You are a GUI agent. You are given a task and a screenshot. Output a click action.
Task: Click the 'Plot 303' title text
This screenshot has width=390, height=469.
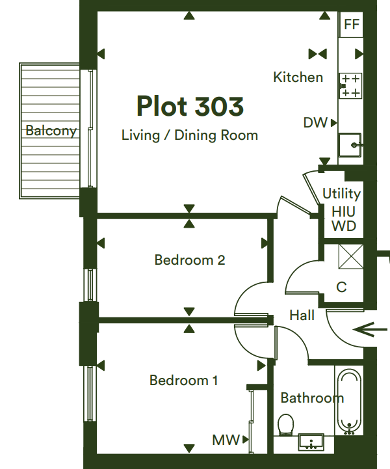pyautogui.click(x=190, y=106)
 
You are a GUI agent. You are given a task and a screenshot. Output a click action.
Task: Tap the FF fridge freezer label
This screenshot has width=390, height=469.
pyautogui.click(x=352, y=24)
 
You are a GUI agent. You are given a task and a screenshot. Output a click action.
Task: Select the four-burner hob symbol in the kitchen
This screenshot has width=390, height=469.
pyautogui.click(x=350, y=86)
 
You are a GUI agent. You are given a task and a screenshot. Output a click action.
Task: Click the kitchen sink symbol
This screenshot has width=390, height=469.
pyautogui.click(x=350, y=145)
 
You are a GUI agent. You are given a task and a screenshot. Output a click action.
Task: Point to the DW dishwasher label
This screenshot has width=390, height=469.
pyautogui.click(x=315, y=123)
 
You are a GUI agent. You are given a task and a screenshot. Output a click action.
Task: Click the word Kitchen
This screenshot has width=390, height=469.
pyautogui.click(x=298, y=77)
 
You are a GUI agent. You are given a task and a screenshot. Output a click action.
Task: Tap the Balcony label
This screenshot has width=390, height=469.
pyautogui.click(x=51, y=131)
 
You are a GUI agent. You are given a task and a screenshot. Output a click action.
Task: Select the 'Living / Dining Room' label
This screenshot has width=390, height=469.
pyautogui.click(x=190, y=135)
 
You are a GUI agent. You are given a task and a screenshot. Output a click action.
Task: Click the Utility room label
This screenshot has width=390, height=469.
pyautogui.click(x=342, y=194)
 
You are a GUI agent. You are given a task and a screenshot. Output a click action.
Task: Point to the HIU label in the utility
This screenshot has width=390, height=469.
pyautogui.click(x=343, y=212)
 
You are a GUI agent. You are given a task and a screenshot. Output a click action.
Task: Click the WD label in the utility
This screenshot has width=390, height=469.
pyautogui.click(x=344, y=226)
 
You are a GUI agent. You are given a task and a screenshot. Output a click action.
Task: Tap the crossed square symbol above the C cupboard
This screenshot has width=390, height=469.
pyautogui.click(x=351, y=256)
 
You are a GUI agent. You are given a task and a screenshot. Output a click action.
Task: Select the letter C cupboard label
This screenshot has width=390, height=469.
pyautogui.click(x=341, y=287)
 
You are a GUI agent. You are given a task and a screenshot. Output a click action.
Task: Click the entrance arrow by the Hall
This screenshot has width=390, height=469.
pyautogui.click(x=370, y=330)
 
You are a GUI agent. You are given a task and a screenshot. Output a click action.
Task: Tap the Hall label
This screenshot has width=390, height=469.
pyautogui.click(x=302, y=315)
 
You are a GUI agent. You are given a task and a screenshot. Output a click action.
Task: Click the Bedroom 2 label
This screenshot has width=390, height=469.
pyautogui.click(x=190, y=260)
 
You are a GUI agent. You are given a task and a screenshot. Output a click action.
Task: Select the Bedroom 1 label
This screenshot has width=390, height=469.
pyautogui.click(x=183, y=381)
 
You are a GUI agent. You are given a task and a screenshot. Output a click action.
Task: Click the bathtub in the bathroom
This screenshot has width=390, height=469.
pyautogui.click(x=349, y=401)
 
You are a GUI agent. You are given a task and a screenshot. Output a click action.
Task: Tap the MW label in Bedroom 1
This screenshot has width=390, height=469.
pyautogui.click(x=226, y=440)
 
